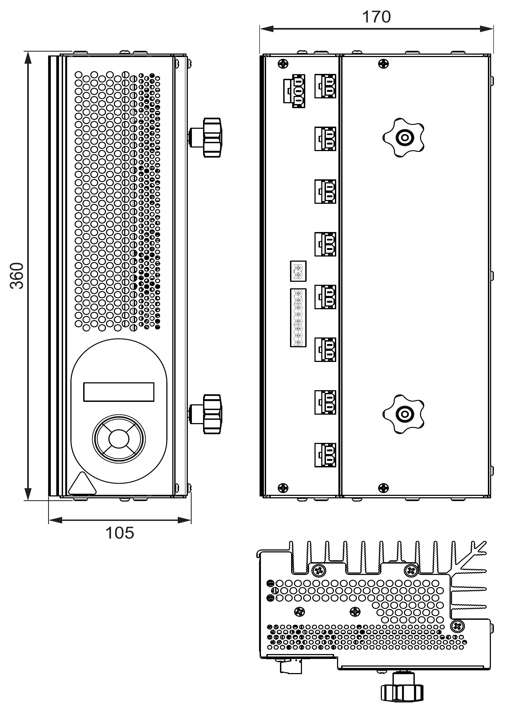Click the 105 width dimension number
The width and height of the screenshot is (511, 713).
(120, 533)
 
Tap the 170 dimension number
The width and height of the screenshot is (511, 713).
(376, 17)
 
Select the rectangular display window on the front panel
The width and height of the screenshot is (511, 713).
(119, 392)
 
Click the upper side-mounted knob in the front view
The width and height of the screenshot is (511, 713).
(211, 137)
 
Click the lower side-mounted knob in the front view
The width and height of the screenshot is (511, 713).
(211, 414)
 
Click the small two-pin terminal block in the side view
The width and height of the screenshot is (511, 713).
(298, 271)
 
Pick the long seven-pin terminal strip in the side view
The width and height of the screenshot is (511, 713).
(298, 318)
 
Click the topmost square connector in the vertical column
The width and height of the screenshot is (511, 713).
(325, 86)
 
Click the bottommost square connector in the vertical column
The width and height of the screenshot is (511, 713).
(325, 455)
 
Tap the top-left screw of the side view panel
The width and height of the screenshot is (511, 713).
(283, 64)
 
